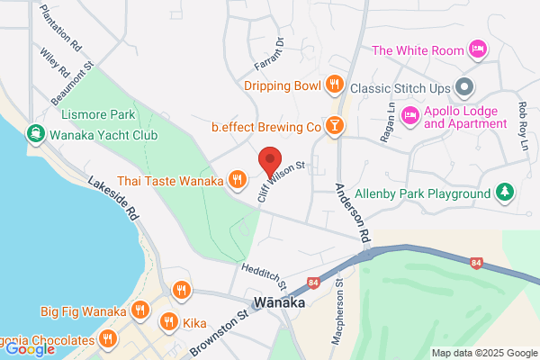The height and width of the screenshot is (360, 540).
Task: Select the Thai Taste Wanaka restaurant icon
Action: tap(238, 180)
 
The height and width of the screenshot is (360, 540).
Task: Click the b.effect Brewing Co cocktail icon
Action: tap(335, 126)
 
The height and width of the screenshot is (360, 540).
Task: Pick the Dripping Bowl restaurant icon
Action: tap(335, 85)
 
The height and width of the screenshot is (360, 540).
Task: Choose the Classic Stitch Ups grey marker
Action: tap(464, 87)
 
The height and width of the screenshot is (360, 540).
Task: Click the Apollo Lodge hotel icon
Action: tap(409, 113)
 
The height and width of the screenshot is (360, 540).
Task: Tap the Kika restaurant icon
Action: tap(168, 321)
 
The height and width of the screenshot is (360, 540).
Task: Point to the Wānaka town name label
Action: tap(280, 303)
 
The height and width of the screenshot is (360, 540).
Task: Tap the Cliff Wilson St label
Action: tap(285, 177)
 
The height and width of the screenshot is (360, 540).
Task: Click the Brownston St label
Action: tap(219, 332)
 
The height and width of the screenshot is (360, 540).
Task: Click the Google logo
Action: tap(29, 349)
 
